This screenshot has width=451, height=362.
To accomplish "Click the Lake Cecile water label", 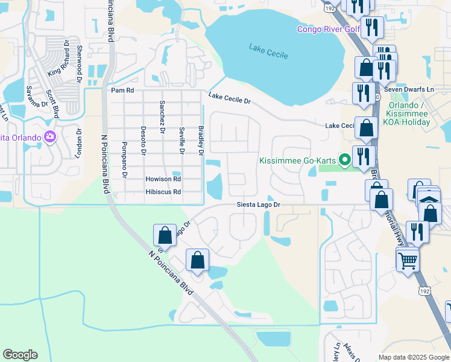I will pos(268,51).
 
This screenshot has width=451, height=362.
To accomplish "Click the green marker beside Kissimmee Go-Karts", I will pos(344,160).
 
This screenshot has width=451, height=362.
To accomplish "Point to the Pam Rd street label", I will pos(122,90).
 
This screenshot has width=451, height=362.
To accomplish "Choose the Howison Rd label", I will pos(163,179).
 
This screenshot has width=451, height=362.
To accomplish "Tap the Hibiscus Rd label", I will pos(163,192).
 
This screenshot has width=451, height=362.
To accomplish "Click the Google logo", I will pos(20,355).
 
